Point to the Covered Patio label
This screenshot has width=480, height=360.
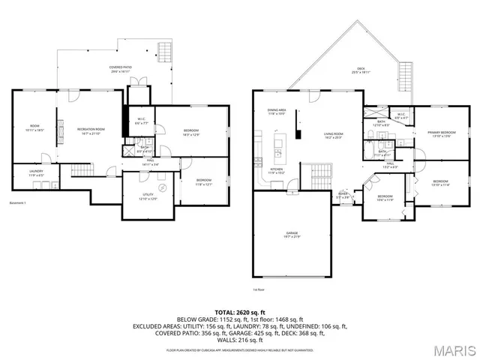(x=121, y=69)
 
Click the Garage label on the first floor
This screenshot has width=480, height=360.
(x=292, y=235)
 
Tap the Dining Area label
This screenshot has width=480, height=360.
(x=277, y=112)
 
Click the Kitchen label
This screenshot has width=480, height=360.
(x=276, y=171)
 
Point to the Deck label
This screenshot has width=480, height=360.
(x=361, y=71)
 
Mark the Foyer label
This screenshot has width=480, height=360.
(x=343, y=196)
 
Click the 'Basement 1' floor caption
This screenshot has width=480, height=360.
(x=19, y=203)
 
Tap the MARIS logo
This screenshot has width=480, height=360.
(x=454, y=349)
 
